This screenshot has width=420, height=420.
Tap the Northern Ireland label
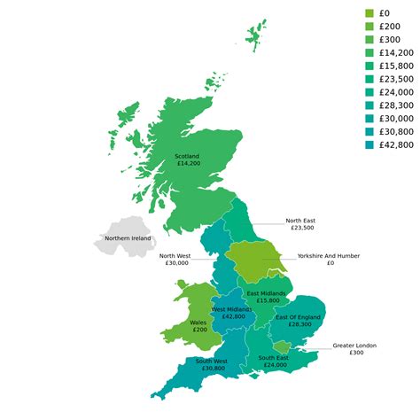[128, 238]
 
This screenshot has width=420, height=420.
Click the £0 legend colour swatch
[369, 13]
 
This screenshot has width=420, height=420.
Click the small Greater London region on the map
[281, 346]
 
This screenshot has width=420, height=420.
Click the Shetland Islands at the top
[257, 35]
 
